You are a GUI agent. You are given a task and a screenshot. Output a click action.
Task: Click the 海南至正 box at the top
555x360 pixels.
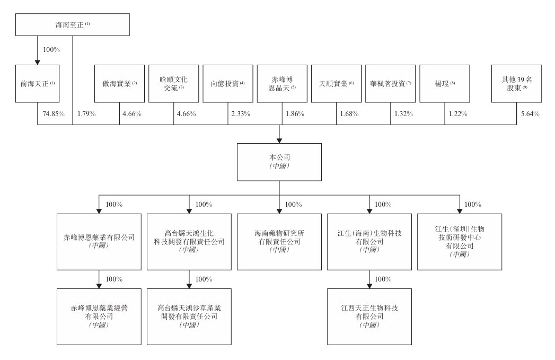(x=73, y=25)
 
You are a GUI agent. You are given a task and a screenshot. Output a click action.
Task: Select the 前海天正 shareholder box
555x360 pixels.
(x=37, y=83)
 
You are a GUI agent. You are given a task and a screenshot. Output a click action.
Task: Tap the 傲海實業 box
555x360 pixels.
(x=119, y=83)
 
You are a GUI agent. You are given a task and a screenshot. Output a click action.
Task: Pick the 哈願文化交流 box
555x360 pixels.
(x=173, y=83)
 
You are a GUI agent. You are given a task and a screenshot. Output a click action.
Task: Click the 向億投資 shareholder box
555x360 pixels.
(x=227, y=83)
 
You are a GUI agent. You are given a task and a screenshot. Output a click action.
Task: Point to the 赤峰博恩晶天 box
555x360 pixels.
(x=281, y=83)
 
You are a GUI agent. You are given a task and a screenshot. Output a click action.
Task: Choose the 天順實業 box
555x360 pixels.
(x=336, y=83)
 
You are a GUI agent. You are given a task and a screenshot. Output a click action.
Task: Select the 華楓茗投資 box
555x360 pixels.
(x=390, y=83)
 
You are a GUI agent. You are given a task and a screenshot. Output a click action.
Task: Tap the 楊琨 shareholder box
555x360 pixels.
(x=444, y=83)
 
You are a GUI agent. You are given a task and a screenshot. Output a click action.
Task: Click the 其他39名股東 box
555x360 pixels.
(x=516, y=83)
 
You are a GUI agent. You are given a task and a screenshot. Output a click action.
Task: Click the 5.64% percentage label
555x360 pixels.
(x=530, y=113)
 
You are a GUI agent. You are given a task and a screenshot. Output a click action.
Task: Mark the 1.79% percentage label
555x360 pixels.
(x=86, y=113)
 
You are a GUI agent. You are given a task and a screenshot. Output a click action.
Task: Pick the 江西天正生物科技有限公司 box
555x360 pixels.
(x=369, y=311)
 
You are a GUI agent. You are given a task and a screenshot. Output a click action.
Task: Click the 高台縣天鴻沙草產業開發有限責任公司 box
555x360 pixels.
(x=189, y=311)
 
